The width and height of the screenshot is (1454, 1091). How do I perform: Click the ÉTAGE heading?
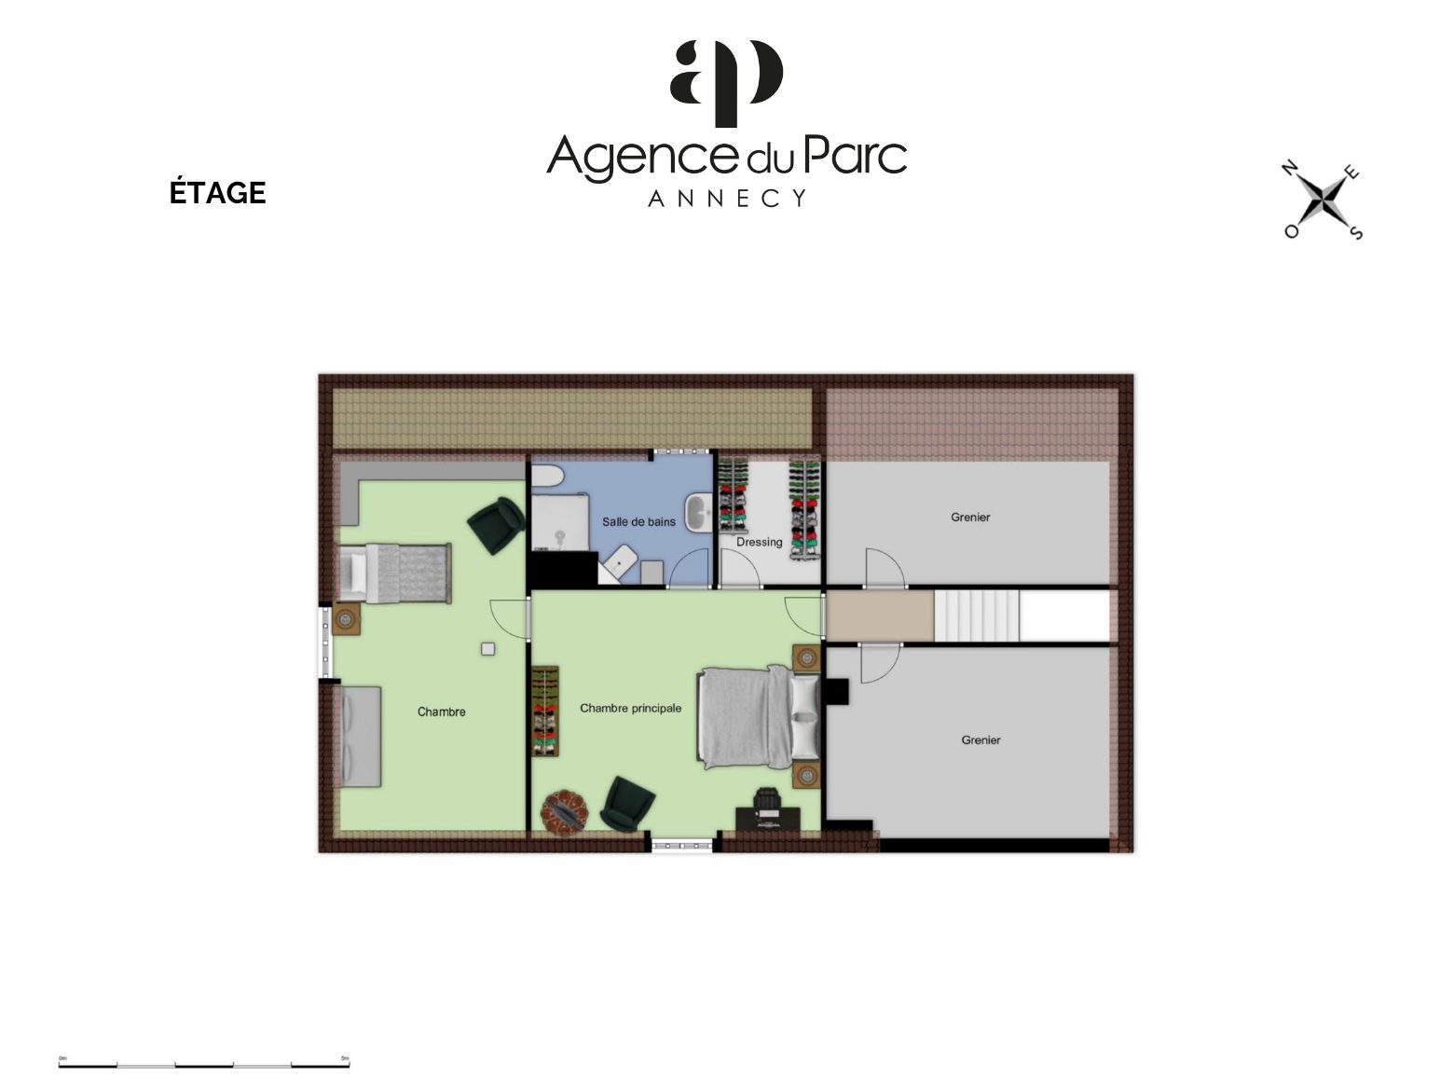click(x=217, y=192)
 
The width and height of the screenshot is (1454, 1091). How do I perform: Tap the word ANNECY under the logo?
click(x=727, y=198)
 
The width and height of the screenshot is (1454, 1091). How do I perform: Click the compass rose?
click(x=1322, y=200)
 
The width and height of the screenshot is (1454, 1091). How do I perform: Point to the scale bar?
click(x=203, y=1062)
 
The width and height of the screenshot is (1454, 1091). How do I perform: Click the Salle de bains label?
click(x=638, y=522)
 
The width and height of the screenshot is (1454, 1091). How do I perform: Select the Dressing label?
click(x=759, y=542)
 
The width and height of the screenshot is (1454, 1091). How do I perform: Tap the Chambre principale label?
click(x=631, y=708)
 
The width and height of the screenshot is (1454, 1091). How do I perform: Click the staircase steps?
click(x=977, y=616)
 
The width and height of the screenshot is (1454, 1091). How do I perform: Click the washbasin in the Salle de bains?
click(x=698, y=512)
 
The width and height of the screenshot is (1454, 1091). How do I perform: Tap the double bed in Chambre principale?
click(x=759, y=717)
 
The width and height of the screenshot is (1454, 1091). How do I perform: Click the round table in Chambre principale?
click(x=565, y=811)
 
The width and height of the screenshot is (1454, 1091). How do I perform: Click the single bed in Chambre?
click(x=395, y=573)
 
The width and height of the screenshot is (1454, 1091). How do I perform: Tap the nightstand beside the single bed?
click(x=346, y=619)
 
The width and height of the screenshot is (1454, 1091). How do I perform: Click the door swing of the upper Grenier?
click(x=885, y=568)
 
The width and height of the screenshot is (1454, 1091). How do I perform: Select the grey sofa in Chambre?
click(x=360, y=736)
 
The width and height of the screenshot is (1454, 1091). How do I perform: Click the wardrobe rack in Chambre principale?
click(x=545, y=711)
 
